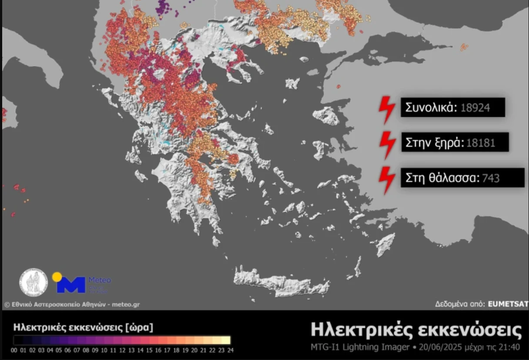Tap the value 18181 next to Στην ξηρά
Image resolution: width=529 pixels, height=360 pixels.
pos(480,143)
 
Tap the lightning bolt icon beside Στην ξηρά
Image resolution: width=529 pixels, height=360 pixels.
pos(387,144)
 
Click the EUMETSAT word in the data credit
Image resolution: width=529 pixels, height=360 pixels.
pos(508,304)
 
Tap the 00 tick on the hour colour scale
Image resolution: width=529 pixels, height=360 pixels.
pos(14,350)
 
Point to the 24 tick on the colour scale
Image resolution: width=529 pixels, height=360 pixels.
pos(230,350)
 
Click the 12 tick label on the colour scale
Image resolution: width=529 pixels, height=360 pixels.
pos(122,350)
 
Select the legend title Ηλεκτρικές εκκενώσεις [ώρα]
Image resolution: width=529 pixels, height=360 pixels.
pos(83,327)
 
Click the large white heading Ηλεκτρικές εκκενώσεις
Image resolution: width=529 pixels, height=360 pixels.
pos(416,330)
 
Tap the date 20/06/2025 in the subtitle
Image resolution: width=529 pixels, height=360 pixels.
pos(437,347)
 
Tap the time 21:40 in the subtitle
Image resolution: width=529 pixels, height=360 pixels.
pos(510,347)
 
